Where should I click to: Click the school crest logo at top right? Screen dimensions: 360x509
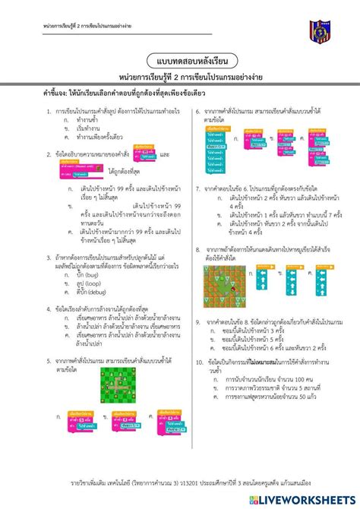tap(320, 30)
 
